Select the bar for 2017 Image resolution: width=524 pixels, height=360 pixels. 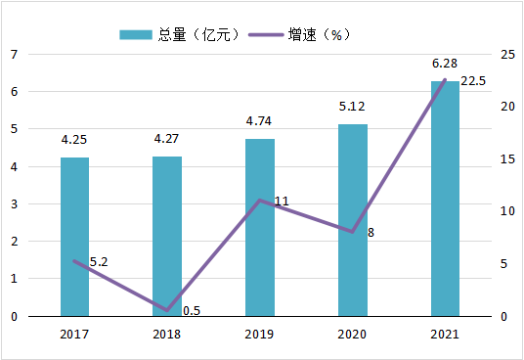(x=74, y=237)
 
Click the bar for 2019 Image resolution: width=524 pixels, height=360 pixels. (x=260, y=228)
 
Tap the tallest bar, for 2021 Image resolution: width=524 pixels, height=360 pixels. (x=445, y=199)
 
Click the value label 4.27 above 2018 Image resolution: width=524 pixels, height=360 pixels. (x=166, y=138)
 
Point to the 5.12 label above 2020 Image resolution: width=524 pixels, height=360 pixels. (x=352, y=107)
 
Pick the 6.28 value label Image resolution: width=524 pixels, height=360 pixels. (x=445, y=64)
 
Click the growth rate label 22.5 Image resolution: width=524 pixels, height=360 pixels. (x=473, y=81)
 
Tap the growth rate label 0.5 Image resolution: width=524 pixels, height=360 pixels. (x=192, y=311)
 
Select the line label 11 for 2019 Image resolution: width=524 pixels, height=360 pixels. (x=282, y=201)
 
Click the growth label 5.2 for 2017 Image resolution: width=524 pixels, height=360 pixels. (x=99, y=262)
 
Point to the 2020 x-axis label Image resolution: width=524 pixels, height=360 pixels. (x=352, y=334)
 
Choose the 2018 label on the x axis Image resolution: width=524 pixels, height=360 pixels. (x=166, y=334)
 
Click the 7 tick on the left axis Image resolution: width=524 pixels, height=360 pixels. (x=14, y=54)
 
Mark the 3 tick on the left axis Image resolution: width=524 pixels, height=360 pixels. (x=14, y=203)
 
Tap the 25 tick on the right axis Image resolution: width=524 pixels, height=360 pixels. (x=507, y=54)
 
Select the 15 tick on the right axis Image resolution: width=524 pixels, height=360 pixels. (x=507, y=159)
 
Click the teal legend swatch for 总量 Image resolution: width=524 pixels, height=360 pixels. (x=136, y=35)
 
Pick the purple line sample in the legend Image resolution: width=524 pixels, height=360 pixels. (x=266, y=35)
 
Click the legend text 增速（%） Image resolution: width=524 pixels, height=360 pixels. (x=319, y=35)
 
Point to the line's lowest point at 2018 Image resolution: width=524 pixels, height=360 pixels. (x=167, y=310)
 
